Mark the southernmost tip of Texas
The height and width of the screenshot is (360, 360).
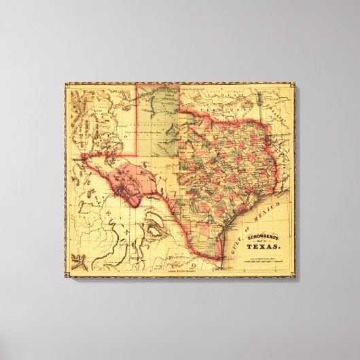218,259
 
